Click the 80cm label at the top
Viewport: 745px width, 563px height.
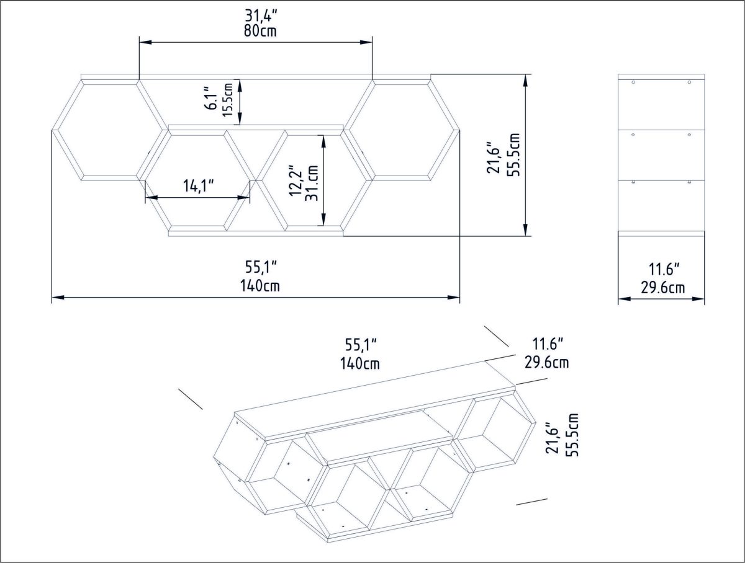[260, 31]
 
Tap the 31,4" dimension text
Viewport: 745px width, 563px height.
[261, 16]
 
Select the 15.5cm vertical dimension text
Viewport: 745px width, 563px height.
[228, 100]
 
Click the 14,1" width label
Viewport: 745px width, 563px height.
[199, 186]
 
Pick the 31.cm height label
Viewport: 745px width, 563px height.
[312, 183]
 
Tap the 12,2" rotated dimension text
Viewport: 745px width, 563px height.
[295, 180]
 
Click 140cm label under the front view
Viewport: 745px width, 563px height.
[260, 285]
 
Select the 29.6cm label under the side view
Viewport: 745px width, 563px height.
[662, 288]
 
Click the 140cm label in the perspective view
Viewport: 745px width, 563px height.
[359, 364]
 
